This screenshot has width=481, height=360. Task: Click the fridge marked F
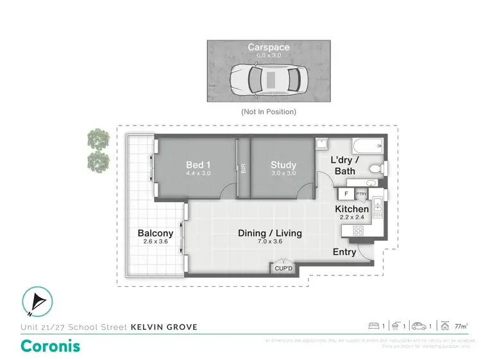(x=346, y=193)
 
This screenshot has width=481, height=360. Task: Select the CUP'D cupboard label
(x=283, y=269)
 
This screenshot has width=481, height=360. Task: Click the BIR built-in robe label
(x=244, y=170)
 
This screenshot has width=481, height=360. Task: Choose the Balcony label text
(x=155, y=233)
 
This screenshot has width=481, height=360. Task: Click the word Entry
(x=344, y=252)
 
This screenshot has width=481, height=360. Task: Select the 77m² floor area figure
(x=460, y=327)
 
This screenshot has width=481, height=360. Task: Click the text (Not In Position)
(x=269, y=111)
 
